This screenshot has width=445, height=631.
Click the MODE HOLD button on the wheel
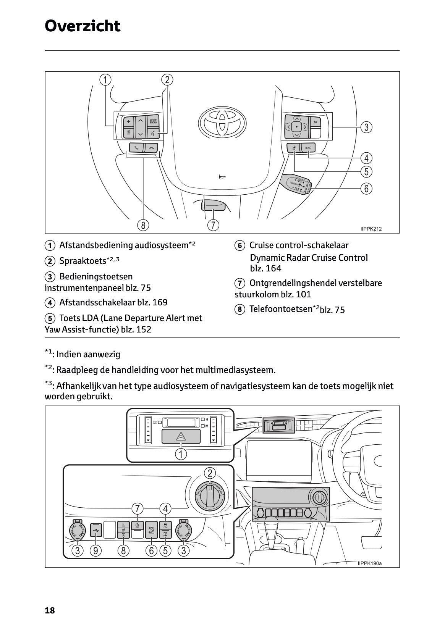(153, 121)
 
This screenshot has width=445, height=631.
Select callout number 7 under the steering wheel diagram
(213, 225)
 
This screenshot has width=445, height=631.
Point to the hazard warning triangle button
(181, 436)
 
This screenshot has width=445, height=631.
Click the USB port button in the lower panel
(96, 530)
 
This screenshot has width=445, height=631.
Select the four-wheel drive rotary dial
(210, 495)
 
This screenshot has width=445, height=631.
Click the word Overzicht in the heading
(83, 26)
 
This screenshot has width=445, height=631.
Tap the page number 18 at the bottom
(50, 610)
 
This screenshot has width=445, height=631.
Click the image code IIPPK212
(371, 229)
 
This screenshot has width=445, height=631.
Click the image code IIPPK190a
(369, 563)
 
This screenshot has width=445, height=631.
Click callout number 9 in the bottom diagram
(95, 550)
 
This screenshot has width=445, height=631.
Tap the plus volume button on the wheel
(129, 122)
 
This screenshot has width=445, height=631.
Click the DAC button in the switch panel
(152, 530)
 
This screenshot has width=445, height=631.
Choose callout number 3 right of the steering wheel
(366, 127)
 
